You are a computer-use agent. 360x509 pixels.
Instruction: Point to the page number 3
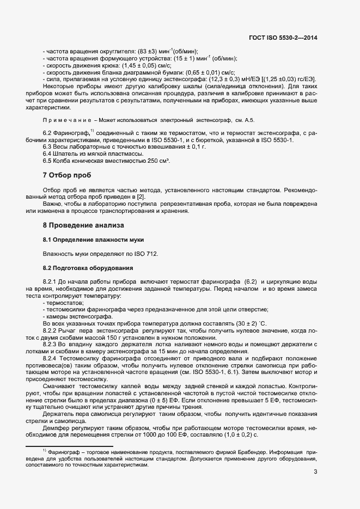pos(315,471)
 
